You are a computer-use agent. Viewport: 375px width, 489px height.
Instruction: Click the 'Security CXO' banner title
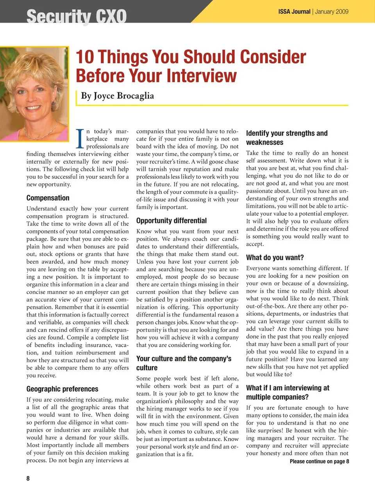[77, 16]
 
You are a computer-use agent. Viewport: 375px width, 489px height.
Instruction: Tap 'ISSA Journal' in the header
[294, 12]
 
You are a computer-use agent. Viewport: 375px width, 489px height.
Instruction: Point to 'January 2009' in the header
[332, 12]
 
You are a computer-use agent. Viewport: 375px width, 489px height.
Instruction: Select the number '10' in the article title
[85, 57]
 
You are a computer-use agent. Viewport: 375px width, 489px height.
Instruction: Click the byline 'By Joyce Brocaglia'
[117, 96]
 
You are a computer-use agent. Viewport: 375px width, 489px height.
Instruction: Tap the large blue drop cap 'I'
[80, 139]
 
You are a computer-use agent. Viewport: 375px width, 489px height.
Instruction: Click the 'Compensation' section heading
[48, 198]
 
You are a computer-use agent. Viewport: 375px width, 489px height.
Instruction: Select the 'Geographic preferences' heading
[62, 389]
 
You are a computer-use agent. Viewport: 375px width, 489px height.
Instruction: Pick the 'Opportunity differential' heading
[171, 220]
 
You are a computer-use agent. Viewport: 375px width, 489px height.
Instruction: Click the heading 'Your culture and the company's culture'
[184, 363]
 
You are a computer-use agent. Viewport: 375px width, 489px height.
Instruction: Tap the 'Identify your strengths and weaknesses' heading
[287, 138]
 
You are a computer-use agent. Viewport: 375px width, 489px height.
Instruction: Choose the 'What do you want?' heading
[275, 258]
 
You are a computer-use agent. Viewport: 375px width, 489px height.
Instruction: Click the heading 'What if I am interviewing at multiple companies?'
[287, 392]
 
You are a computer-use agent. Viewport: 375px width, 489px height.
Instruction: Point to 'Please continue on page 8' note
[319, 462]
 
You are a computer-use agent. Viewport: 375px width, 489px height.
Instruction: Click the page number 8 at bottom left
[28, 478]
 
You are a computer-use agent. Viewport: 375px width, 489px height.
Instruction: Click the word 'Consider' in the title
[273, 57]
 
